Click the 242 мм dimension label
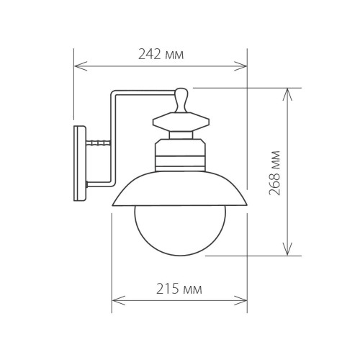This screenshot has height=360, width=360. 159,53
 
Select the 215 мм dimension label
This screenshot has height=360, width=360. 178,289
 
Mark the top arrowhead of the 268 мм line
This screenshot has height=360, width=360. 289,92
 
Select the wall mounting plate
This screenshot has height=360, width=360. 80,163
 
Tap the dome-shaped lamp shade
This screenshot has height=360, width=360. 179,191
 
